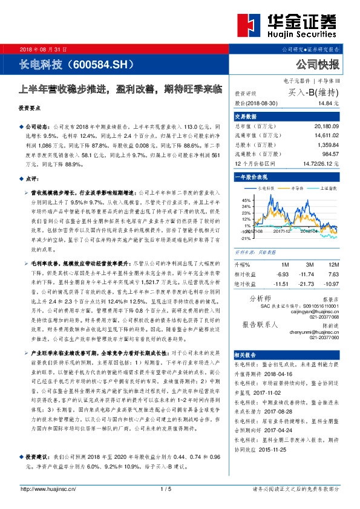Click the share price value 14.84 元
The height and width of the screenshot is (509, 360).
(327, 103)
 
